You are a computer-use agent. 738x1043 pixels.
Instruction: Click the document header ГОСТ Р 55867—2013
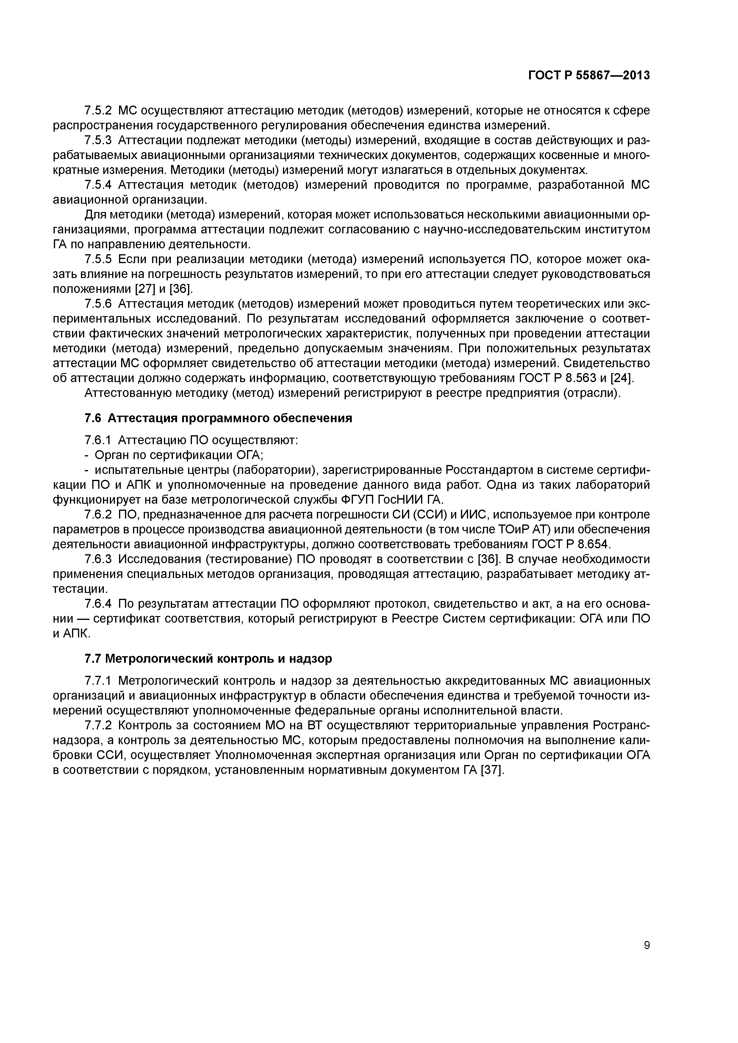pyautogui.click(x=589, y=76)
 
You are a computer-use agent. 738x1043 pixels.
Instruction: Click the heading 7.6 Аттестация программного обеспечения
pyautogui.click(x=218, y=418)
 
